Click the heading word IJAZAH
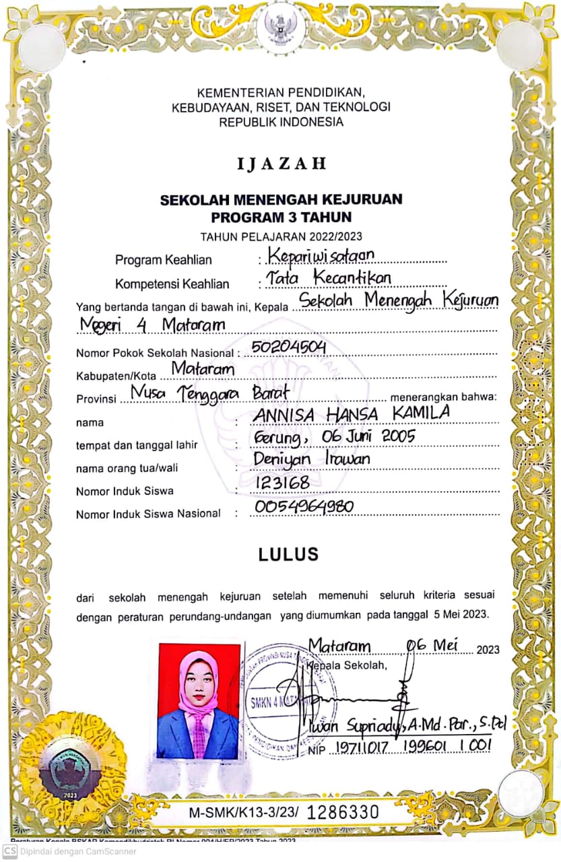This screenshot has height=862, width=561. (x=281, y=164)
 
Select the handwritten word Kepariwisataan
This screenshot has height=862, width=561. (x=321, y=255)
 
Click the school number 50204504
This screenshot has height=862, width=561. (x=288, y=347)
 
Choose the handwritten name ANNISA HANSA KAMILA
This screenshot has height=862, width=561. (x=350, y=414)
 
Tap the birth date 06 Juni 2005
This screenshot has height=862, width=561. (x=335, y=438)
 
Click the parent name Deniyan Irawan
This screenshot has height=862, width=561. (x=311, y=460)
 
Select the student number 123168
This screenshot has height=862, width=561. (x=282, y=483)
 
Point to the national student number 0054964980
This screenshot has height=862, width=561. (x=304, y=507)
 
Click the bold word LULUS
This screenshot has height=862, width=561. (x=288, y=555)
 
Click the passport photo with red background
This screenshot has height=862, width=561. (x=199, y=701)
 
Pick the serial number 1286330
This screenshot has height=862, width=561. (x=343, y=812)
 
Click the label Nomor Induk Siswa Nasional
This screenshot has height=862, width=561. (x=148, y=514)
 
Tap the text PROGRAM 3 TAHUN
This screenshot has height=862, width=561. (x=281, y=217)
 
